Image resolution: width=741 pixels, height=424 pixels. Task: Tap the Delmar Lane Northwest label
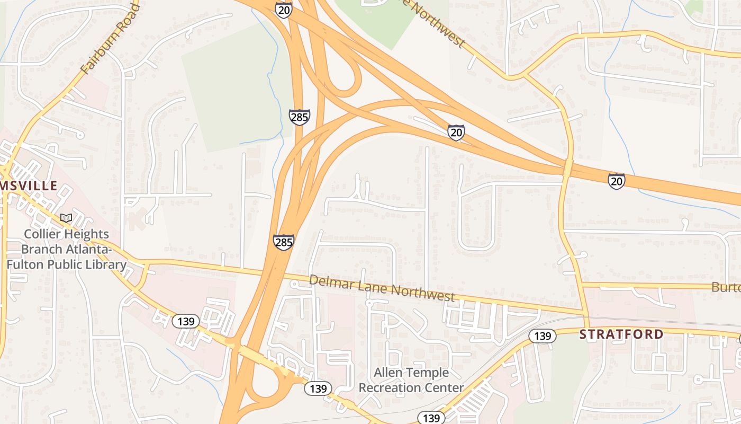[x=382, y=288]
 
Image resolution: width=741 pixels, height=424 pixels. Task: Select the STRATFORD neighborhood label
[x=621, y=334]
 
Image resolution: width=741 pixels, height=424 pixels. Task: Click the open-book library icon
[x=66, y=218]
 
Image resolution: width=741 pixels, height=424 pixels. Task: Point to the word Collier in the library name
[x=43, y=234]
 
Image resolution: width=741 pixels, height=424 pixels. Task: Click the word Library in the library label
[x=107, y=264]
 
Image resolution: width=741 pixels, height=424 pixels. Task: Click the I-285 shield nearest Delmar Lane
[x=284, y=242]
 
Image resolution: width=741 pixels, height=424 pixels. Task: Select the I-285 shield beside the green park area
[x=299, y=117]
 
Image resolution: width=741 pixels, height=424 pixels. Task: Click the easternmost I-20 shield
[x=616, y=181]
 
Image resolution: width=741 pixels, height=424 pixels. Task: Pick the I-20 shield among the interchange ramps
[x=456, y=132]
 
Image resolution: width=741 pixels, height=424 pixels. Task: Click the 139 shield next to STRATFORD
[x=543, y=335]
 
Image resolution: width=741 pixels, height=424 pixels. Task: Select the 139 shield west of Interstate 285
[x=186, y=321]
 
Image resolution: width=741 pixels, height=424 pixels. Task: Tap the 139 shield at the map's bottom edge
[x=431, y=418]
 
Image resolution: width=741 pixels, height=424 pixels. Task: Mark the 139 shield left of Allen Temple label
[x=318, y=388]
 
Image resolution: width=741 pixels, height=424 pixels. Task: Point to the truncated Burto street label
[x=726, y=287]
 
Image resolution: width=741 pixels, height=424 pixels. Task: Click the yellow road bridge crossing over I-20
[x=567, y=168]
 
